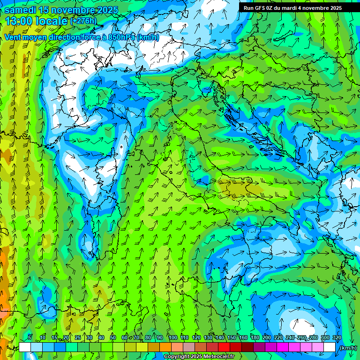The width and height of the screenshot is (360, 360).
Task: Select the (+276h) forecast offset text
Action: [83, 21]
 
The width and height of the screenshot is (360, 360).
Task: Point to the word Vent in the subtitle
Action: [13, 37]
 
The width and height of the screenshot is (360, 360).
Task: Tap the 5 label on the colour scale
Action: [30, 337]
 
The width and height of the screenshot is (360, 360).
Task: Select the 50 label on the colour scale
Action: [113, 337]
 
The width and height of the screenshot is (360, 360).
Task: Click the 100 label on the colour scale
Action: [172, 337]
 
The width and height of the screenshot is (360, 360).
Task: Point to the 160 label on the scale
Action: [243, 337]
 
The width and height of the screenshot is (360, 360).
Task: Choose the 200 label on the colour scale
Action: [267, 337]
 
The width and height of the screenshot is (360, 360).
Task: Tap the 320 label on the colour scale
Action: [337, 337]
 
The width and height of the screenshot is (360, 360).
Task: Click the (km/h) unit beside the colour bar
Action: [348, 348]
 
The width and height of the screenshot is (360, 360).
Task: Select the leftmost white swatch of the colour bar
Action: [25, 347]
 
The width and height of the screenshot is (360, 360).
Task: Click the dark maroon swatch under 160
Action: [247, 347]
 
